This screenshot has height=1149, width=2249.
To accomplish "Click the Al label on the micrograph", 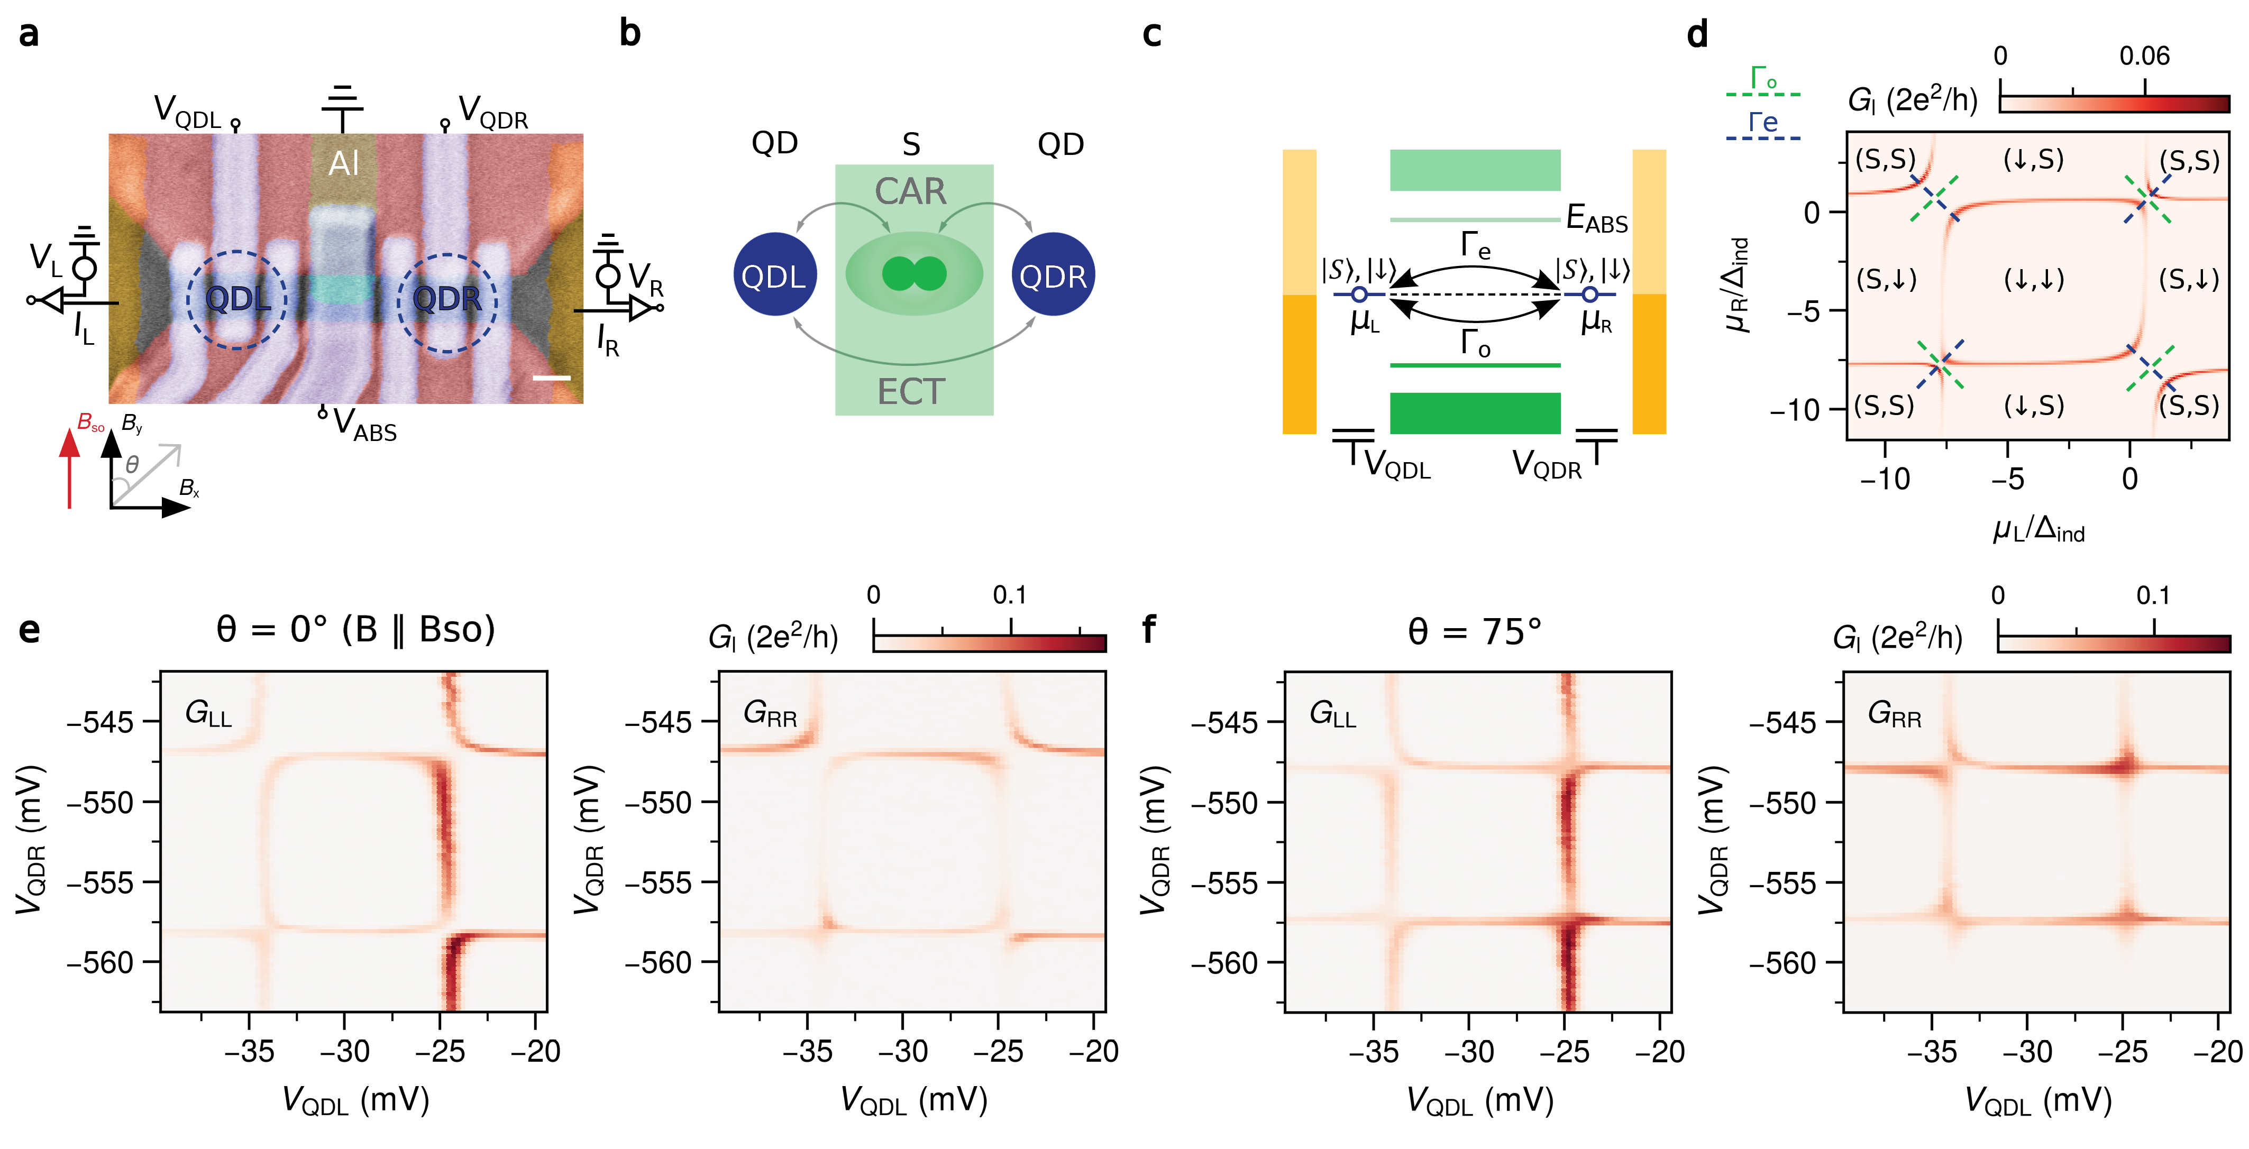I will tap(343, 163).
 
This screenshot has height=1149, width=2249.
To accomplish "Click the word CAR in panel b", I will tap(911, 191).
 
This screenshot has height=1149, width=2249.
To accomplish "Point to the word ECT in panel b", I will tap(911, 392).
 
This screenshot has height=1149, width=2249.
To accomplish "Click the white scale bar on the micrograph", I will tap(551, 378).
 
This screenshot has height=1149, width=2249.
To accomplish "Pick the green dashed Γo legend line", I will tap(1763, 94).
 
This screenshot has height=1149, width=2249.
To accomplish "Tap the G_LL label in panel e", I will tap(208, 714).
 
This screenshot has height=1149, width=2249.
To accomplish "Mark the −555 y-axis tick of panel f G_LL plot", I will tap(1225, 883).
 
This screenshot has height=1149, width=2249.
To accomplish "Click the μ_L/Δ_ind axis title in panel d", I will tap(2038, 529).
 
